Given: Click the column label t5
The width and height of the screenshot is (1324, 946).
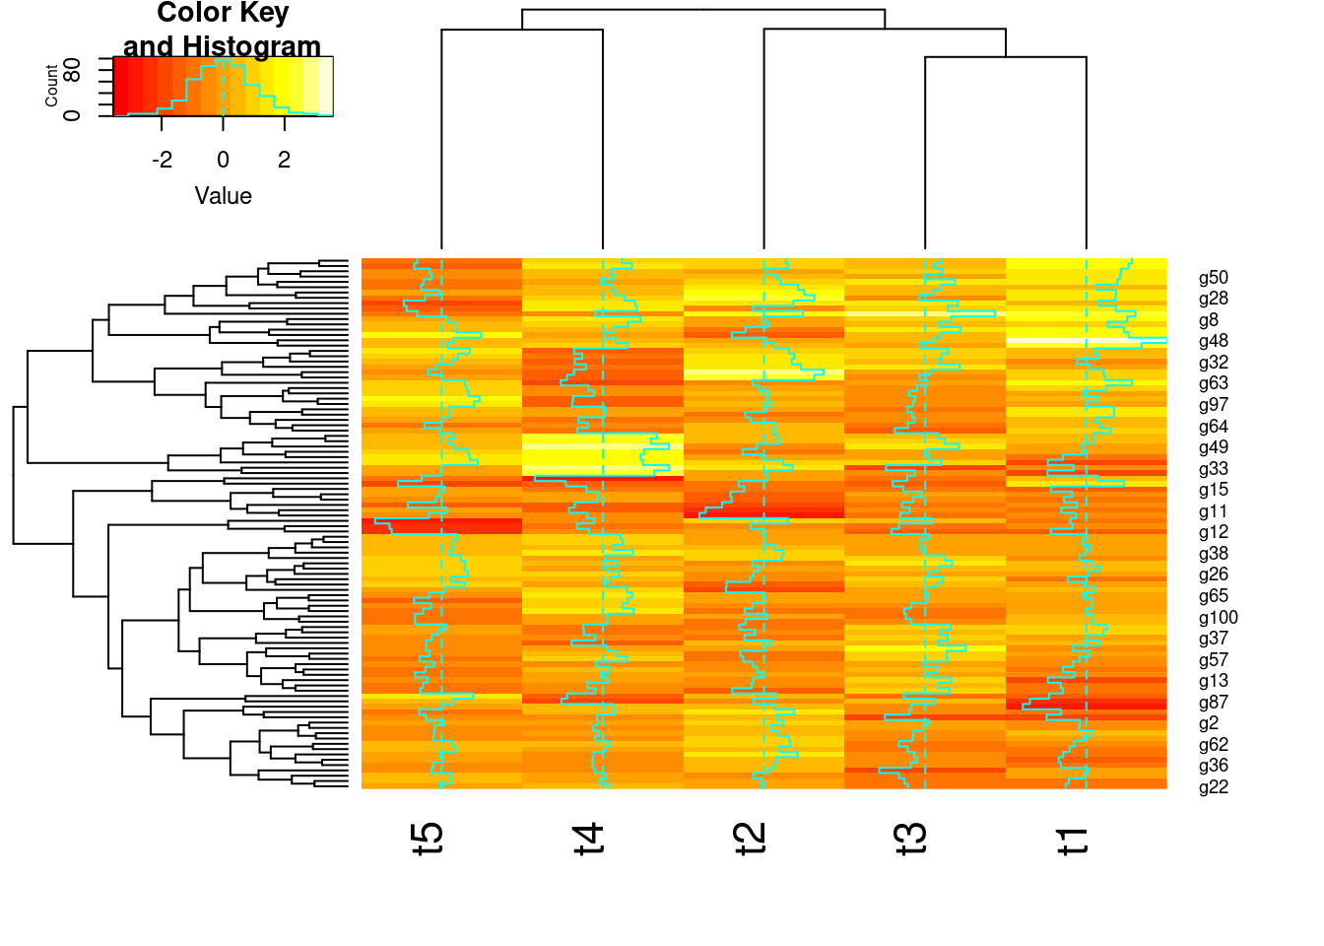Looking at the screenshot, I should pyautogui.click(x=428, y=838).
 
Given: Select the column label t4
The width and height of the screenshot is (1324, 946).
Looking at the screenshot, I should pyautogui.click(x=589, y=838).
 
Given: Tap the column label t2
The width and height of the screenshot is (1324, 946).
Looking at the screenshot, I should pyautogui.click(x=751, y=838).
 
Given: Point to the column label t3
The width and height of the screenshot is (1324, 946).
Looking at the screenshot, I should pyautogui.click(x=912, y=838).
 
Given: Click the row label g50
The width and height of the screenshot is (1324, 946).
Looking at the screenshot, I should pyautogui.click(x=1214, y=278).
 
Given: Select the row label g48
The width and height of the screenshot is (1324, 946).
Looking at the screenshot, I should pyautogui.click(x=1214, y=342).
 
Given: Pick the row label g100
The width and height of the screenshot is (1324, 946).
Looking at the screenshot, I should pyautogui.click(x=1219, y=618).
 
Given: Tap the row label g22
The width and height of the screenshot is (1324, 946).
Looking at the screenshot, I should pyautogui.click(x=1214, y=787).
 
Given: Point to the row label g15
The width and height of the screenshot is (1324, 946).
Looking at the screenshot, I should pyautogui.click(x=1214, y=490).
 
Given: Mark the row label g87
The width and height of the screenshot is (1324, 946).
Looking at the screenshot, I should pyautogui.click(x=1214, y=703).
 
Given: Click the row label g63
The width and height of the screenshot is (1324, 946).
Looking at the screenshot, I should pyautogui.click(x=1214, y=384).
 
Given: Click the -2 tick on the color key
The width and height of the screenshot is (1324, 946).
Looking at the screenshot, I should pyautogui.click(x=163, y=160).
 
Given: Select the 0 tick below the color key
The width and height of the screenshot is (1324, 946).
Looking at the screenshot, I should pyautogui.click(x=224, y=160).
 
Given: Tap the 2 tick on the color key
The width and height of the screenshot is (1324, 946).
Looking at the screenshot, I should pyautogui.click(x=285, y=160).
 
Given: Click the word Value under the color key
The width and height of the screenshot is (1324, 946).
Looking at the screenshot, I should pyautogui.click(x=224, y=196).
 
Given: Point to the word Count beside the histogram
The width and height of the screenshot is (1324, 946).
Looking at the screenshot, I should pyautogui.click(x=51, y=86).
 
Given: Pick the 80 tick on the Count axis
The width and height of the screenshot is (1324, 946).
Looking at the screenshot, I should pyautogui.click(x=72, y=70).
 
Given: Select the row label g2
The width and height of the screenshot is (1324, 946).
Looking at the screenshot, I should pyautogui.click(x=1209, y=723).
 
